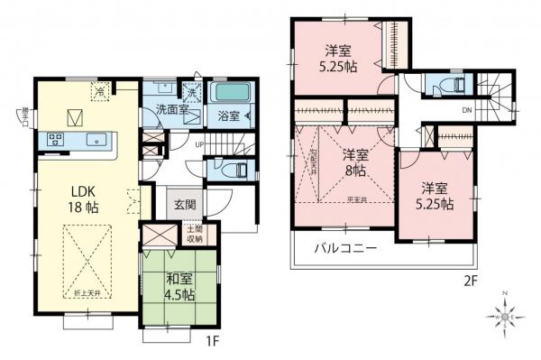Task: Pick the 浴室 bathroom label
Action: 228,115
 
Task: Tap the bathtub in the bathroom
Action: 234,93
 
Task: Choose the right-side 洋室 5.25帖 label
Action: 436,196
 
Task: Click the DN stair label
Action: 465,111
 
